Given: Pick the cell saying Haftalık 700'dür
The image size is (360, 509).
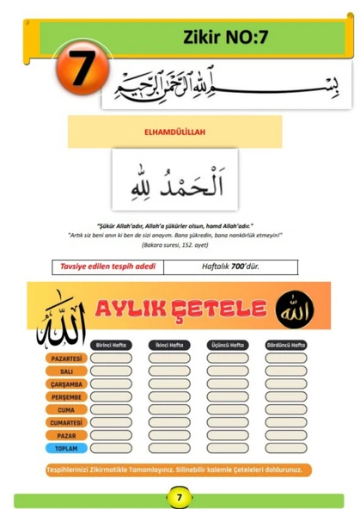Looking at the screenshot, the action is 230,267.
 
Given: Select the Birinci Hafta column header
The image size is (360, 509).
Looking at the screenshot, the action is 111,345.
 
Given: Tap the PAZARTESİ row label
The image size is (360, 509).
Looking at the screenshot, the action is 66,357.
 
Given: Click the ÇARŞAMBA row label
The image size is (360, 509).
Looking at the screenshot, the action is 66,383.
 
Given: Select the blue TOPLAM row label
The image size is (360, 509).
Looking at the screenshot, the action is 66,448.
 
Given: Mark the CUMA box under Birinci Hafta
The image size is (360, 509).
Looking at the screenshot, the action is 111,409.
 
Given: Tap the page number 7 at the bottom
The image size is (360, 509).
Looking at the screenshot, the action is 179,497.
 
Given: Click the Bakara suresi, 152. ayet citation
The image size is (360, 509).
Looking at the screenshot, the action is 180,245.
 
